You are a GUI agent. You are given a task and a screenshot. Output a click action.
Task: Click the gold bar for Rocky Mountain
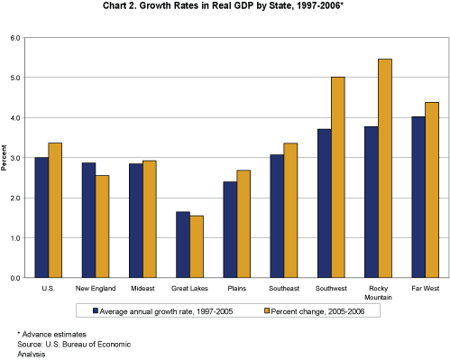point(384,169)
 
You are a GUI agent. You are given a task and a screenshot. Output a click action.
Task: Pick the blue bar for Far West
point(418,198)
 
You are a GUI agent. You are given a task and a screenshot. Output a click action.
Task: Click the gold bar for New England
point(103,226)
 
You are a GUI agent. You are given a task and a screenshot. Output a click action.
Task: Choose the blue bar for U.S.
point(41,217)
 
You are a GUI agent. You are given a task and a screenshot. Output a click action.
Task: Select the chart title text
point(225,9)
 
